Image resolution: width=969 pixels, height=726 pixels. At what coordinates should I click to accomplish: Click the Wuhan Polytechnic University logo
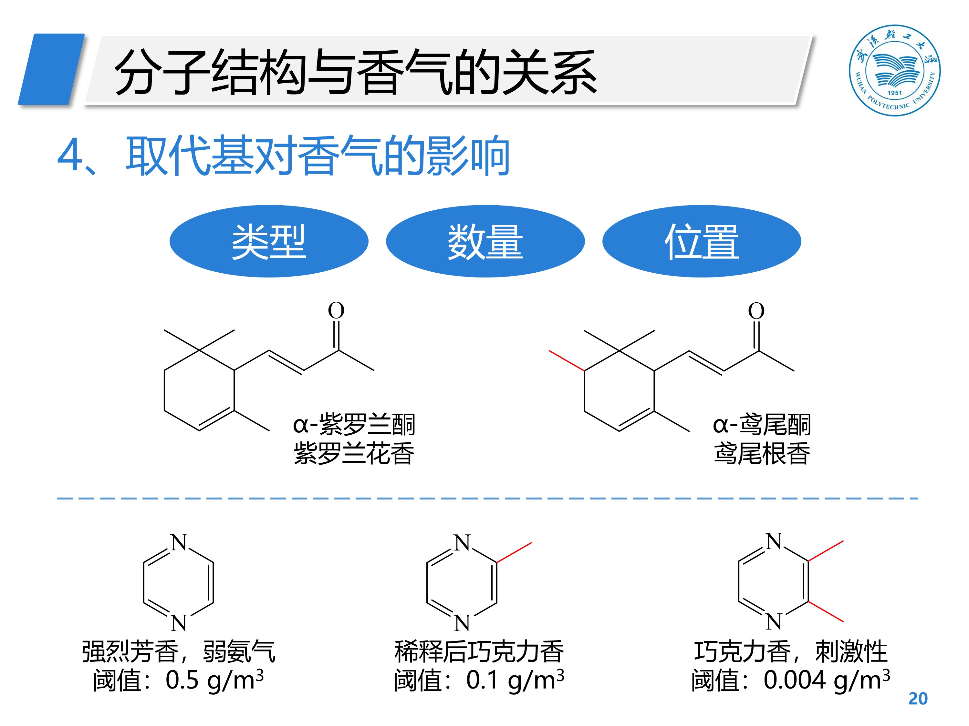point(894,70)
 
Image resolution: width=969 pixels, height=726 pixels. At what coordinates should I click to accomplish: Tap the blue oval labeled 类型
point(268,241)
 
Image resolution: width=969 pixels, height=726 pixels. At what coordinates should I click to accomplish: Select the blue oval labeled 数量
point(485,241)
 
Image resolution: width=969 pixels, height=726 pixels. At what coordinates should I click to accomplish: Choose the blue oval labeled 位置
point(701,241)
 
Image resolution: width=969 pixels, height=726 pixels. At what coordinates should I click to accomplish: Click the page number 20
point(918,699)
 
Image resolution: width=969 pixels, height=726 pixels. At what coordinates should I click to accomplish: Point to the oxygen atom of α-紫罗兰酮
point(336,311)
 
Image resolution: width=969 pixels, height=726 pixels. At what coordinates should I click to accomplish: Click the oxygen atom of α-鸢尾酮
point(756,311)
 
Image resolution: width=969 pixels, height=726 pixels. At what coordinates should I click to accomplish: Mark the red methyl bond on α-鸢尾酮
point(567,361)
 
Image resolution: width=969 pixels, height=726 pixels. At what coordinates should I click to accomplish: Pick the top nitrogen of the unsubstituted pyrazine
point(179,543)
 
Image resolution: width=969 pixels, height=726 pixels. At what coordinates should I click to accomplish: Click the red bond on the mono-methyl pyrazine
point(514,552)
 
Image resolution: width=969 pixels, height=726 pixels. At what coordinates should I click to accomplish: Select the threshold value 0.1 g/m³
point(515,680)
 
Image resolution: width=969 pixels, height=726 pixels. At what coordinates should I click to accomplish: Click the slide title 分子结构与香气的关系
point(355,72)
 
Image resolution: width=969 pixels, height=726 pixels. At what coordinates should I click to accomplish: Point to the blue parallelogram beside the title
point(51,69)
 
